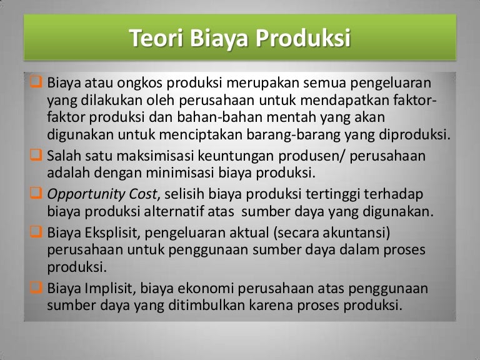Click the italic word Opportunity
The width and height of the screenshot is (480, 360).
(x=87, y=194)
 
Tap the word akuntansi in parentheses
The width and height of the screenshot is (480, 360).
(x=354, y=233)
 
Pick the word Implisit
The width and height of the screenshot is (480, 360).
(x=104, y=288)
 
